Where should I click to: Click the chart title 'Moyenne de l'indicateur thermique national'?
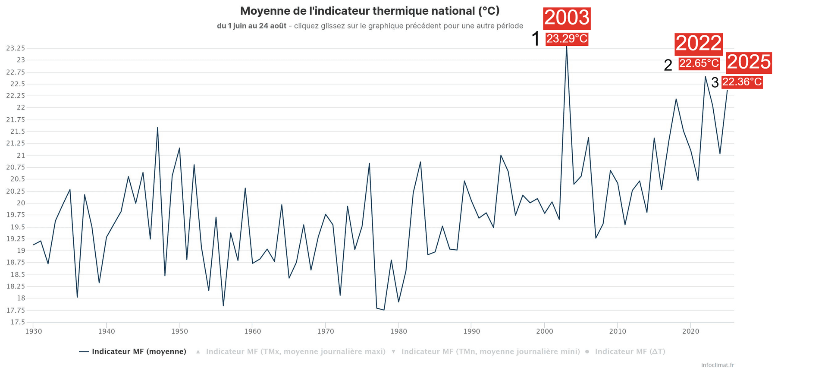click(370, 11)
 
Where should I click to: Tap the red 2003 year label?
click(567, 18)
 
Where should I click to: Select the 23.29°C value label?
click(567, 39)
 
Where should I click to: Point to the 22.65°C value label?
click(699, 63)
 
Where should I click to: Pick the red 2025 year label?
click(749, 63)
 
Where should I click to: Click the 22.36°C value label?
click(742, 82)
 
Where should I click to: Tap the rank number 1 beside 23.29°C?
click(536, 39)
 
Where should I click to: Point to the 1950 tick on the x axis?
click(179, 331)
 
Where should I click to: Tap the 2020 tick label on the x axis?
click(690, 331)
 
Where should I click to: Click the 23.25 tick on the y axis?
click(16, 48)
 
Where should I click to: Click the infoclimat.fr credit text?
click(718, 365)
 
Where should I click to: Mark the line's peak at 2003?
click(566, 46)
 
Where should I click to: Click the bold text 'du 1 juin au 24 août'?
click(251, 26)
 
